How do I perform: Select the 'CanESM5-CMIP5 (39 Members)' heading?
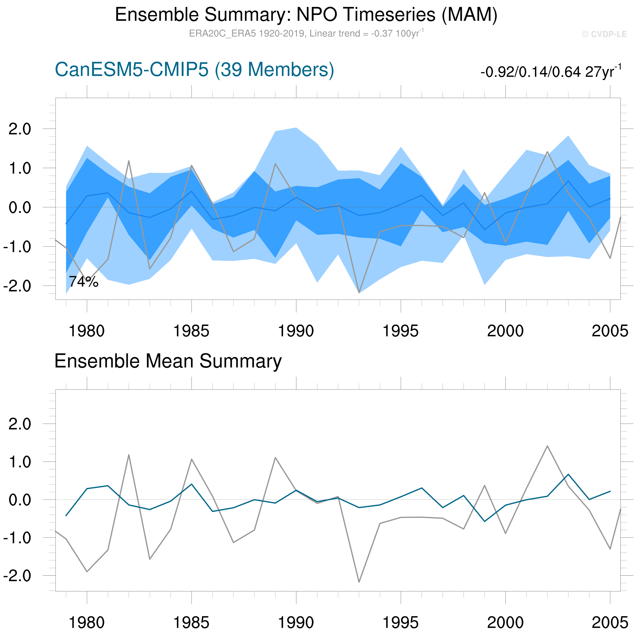tap(194, 70)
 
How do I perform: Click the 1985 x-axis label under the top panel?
tap(191, 331)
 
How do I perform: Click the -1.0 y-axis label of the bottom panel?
tap(17, 538)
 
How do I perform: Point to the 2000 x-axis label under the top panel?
tap(505, 331)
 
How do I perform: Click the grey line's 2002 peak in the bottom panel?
tap(547, 446)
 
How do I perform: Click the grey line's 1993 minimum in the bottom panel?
tap(359, 582)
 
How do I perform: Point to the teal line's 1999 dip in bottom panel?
tap(484, 521)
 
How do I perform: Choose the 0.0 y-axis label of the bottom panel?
tap(20, 500)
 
